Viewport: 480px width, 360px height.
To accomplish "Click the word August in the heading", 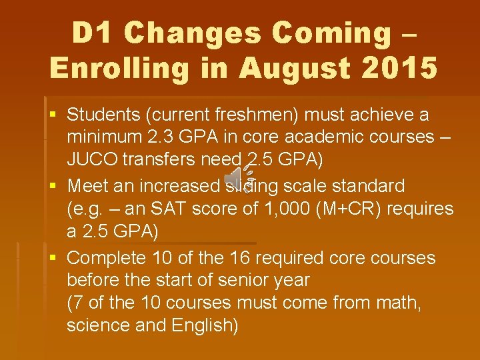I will click(x=289, y=67).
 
